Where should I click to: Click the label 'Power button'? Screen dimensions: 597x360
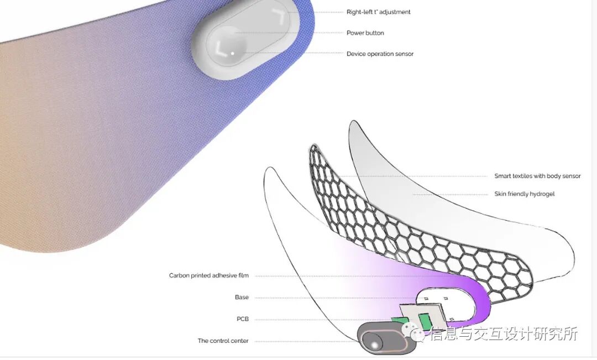(365, 33)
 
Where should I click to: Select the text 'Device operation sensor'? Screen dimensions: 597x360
(380, 54)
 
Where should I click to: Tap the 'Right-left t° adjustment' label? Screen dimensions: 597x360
(378, 12)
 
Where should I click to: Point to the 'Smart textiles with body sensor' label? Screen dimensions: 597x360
(537, 176)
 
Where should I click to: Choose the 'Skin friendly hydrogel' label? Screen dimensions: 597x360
(524, 194)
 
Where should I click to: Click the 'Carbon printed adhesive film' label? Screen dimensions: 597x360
(208, 275)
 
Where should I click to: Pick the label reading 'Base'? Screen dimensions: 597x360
(242, 298)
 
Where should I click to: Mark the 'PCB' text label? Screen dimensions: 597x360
(242, 320)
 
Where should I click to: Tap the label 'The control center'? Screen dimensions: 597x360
(223, 341)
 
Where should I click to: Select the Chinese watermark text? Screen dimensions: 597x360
(503, 335)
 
